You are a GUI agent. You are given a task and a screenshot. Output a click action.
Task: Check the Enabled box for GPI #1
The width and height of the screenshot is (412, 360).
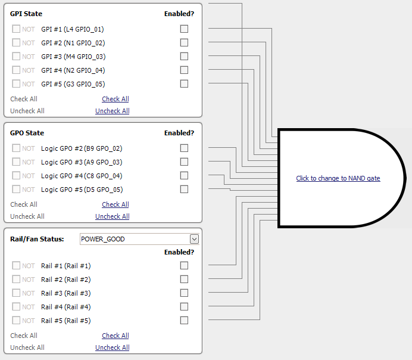[x=184, y=29]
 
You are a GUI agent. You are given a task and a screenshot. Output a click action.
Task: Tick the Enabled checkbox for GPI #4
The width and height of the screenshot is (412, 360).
[x=184, y=70]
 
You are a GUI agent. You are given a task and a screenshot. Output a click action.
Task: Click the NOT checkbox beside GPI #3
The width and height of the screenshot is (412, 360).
[x=16, y=57]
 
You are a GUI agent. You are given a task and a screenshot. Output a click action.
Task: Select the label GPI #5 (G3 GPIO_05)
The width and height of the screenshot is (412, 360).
[x=73, y=84]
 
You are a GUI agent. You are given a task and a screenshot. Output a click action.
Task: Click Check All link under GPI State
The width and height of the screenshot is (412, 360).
[x=115, y=99]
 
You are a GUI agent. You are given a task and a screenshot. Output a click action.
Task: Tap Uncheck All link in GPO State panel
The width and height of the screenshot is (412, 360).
[x=112, y=216]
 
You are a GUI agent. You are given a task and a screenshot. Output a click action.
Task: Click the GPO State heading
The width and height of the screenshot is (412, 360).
[x=27, y=133]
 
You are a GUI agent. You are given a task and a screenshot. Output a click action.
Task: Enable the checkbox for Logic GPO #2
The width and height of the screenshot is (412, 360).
[x=184, y=148]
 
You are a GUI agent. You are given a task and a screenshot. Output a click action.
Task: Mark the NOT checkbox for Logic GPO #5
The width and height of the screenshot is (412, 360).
[x=16, y=190]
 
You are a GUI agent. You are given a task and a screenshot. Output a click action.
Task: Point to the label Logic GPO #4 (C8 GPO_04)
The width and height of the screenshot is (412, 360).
[x=82, y=176]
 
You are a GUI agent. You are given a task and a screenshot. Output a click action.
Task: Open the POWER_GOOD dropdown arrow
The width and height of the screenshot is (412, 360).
[x=193, y=239]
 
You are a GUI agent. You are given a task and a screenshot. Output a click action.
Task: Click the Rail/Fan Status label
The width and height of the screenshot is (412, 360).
[x=37, y=239]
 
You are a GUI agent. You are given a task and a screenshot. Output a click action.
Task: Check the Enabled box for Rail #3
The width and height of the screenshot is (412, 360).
[x=184, y=293]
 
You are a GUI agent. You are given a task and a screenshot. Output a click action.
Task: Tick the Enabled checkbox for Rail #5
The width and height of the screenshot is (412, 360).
[x=184, y=320]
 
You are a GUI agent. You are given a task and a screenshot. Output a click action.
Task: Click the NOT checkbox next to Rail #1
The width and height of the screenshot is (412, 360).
[x=16, y=266]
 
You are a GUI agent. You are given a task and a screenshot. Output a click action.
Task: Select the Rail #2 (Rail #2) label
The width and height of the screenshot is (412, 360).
[x=65, y=280]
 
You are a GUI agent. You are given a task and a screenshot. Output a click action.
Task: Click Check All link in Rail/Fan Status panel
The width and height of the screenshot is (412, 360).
[x=115, y=336]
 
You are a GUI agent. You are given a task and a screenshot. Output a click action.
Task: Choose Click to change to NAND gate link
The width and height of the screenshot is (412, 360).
[x=338, y=178]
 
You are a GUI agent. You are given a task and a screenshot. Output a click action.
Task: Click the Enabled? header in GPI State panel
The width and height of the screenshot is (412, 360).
[x=179, y=14]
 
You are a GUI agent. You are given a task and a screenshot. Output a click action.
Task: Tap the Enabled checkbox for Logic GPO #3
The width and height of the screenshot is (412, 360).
[x=184, y=162]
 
